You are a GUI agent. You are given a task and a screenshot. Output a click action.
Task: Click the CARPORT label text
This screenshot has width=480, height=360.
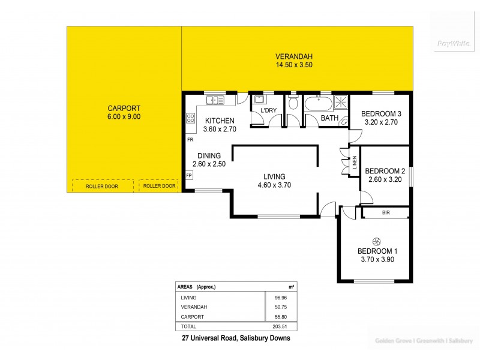tap(124, 109)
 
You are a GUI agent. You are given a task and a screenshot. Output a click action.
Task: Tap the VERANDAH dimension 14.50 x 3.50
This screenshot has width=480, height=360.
tap(294, 65)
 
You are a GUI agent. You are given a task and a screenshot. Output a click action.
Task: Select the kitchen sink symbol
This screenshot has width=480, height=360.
tap(214, 100)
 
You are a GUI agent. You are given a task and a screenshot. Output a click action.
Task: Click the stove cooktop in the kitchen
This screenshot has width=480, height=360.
tap(191, 118)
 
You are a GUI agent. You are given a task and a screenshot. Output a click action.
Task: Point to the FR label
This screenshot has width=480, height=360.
tap(190, 140)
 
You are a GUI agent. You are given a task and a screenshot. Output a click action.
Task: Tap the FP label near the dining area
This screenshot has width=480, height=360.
tap(189, 176)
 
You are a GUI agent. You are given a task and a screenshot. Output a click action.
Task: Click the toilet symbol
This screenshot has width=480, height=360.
tap(293, 103)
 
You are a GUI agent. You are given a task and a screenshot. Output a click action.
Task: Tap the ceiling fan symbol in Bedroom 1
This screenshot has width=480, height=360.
tap(377, 238)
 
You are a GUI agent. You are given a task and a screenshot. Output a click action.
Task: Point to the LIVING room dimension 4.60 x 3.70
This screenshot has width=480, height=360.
tap(274, 185)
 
